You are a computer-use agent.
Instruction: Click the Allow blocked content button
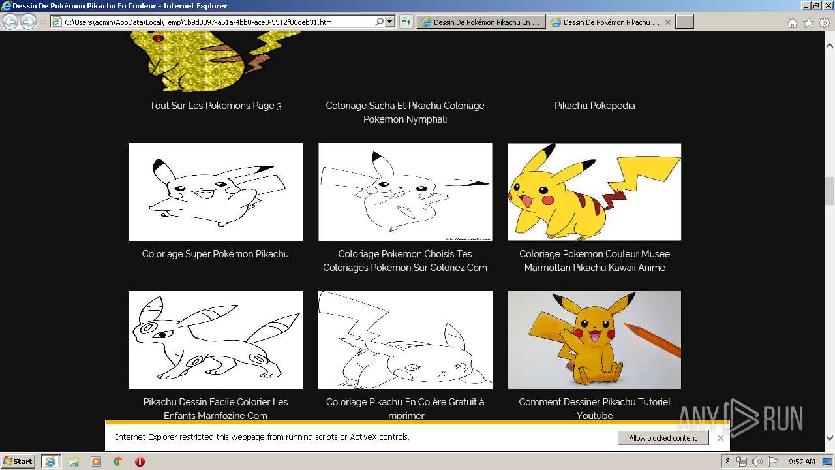coord(663,438)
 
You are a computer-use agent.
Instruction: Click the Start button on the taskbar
coord(18,462)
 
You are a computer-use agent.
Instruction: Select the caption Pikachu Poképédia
coord(594,106)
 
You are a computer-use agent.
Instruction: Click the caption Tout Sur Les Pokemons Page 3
coord(215,106)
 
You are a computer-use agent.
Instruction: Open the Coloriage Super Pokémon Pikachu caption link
coord(215,254)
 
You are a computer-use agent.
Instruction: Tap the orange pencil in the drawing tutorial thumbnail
coord(652,339)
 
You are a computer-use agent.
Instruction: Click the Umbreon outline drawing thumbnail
coord(215,340)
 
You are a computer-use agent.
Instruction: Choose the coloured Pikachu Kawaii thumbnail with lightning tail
coord(594,192)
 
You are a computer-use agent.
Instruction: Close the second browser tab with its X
coord(667,22)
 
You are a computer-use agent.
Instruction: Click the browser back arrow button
coord(10,22)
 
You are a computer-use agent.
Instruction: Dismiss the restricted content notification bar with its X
coord(720,438)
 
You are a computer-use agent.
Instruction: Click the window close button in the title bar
coord(827,6)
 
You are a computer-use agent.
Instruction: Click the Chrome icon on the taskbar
coord(117,462)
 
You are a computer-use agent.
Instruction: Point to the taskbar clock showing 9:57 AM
coord(802,462)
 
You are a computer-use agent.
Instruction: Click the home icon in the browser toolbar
coord(792,23)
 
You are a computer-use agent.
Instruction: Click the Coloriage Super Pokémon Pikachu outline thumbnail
coord(215,192)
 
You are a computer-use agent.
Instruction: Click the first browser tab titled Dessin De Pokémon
coord(481,22)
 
